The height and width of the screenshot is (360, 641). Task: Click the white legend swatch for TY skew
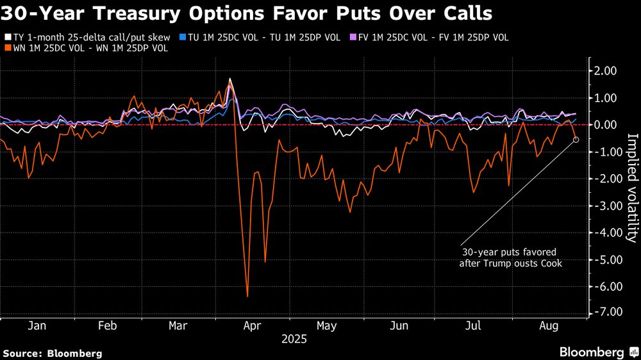click(7, 38)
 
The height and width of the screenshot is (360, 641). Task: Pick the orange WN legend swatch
click(7, 48)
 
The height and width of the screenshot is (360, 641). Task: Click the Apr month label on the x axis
click(253, 326)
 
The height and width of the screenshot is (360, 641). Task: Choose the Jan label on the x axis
click(37, 326)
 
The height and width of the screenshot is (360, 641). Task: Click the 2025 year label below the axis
click(294, 340)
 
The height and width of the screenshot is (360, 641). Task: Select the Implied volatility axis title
click(631, 188)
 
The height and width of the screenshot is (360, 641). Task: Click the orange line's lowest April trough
click(247, 297)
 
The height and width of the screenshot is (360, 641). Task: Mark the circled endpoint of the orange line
click(576, 139)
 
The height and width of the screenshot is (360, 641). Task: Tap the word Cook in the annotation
click(550, 263)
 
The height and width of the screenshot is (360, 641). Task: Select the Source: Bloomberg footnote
click(53, 353)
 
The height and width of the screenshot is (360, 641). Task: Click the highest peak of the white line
click(229, 79)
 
